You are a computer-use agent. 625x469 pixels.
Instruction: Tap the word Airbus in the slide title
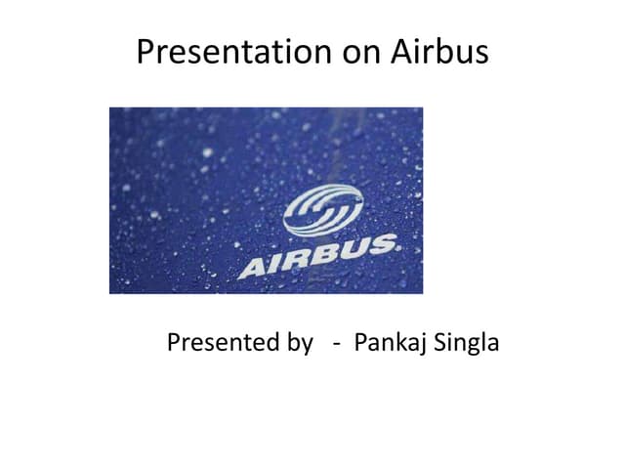[x=440, y=52]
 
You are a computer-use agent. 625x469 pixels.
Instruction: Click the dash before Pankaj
[x=336, y=345]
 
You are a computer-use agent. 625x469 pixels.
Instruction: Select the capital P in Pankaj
[x=361, y=343]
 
